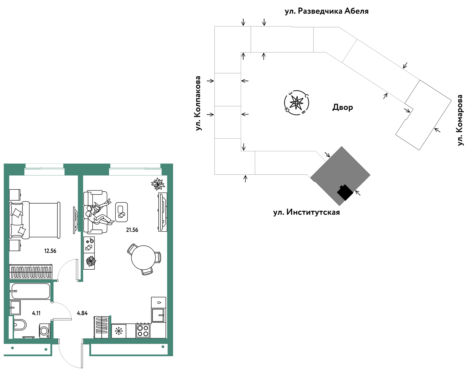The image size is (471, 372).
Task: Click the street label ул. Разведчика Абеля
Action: [326, 11]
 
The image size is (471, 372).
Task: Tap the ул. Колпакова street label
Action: [198, 103]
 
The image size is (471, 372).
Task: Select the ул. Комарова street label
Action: [460, 120]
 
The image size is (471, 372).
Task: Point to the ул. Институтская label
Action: [306, 212]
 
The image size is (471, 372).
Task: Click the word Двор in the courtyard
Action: [343, 107]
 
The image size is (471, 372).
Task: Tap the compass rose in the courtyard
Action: [296, 102]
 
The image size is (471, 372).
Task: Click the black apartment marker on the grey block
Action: [345, 192]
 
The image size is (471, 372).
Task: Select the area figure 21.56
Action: [132, 230]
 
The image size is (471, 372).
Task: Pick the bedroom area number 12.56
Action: [50, 251]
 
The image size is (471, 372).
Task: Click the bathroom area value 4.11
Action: [36, 313]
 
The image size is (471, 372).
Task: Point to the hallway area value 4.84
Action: [82, 313]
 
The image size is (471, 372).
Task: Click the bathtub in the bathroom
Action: [31, 291]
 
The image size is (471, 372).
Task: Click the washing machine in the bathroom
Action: [45, 331]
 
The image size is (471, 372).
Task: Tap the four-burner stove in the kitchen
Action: [143, 331]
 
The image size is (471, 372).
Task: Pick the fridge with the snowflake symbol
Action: [119, 331]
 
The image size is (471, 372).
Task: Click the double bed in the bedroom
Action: [34, 220]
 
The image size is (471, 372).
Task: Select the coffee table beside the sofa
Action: [122, 212]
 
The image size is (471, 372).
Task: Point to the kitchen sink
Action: [158, 315]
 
